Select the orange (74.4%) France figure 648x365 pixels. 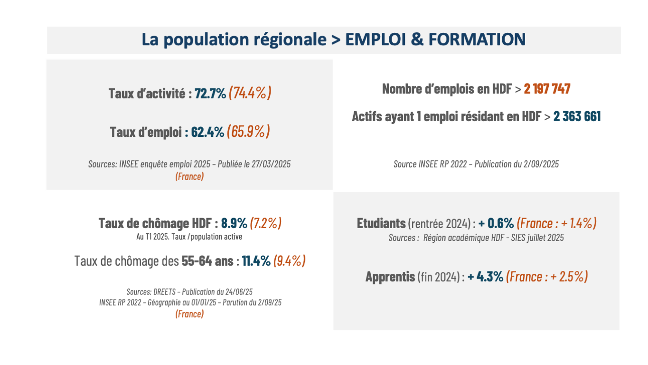(x=250, y=93)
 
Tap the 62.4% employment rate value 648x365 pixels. (x=207, y=132)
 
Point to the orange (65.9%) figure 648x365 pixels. (x=248, y=132)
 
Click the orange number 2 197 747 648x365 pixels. (x=547, y=89)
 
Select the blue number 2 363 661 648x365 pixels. (x=577, y=116)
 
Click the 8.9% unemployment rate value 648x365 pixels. (x=234, y=223)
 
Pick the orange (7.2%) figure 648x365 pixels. (x=266, y=223)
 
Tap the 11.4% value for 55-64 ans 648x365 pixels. (x=256, y=261)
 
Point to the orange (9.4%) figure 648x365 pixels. (x=289, y=261)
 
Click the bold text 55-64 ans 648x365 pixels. (x=207, y=261)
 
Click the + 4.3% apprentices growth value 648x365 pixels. (x=485, y=277)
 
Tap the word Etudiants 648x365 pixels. (x=381, y=223)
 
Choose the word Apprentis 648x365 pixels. (x=390, y=277)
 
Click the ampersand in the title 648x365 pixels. (x=417, y=39)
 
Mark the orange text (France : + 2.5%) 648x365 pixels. (x=547, y=277)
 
